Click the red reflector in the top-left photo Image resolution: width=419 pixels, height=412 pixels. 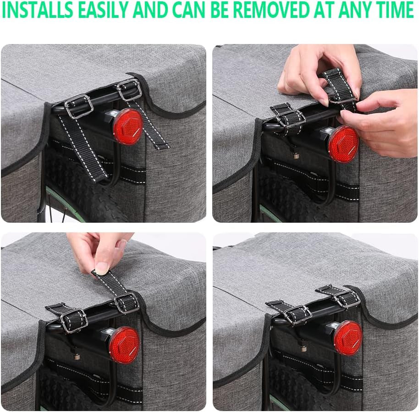point(127,126)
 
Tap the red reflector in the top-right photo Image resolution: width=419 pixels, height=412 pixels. point(342,143)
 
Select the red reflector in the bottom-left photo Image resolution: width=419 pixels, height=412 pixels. point(124,344)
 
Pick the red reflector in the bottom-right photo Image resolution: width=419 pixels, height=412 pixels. point(348,338)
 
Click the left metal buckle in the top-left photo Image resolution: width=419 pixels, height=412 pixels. point(78,106)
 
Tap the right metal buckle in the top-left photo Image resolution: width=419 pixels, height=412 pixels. point(129,89)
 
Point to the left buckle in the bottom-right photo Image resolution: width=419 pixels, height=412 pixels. point(297,314)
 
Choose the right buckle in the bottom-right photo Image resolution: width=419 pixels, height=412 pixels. point(346,299)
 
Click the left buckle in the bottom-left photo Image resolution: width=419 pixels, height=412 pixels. point(73,319)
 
